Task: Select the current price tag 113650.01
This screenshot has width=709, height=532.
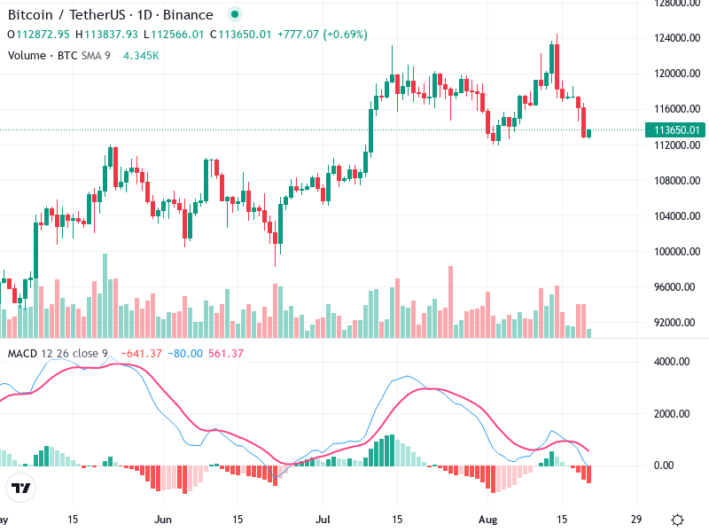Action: point(678,129)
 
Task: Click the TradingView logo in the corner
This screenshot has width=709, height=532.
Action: point(20,489)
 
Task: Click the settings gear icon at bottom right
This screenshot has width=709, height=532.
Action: point(677,519)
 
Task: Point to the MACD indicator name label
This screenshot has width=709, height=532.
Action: point(23,354)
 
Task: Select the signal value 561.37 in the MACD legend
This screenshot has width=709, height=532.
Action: point(224,354)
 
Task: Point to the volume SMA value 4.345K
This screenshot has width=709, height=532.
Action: point(142,55)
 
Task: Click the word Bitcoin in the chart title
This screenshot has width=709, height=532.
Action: point(32,14)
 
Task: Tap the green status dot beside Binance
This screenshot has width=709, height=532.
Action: point(234,14)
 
